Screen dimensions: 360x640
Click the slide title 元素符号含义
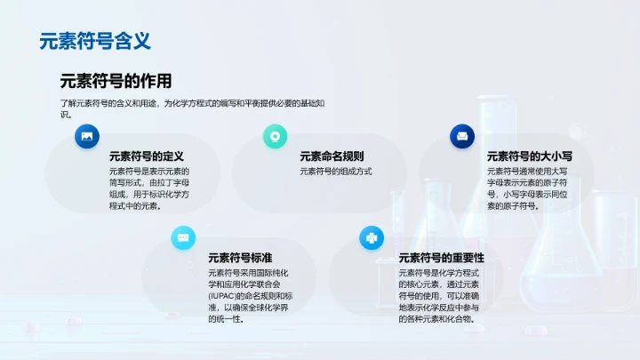96,41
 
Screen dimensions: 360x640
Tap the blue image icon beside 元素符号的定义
87,136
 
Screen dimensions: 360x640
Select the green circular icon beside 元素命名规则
275,136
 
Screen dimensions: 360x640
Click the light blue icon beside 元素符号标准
183,237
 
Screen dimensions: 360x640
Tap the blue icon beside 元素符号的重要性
371,237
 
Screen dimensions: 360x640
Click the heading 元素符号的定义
146,156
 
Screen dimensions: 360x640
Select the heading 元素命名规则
332,156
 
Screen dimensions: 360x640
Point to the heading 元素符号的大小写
527,156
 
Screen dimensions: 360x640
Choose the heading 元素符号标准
239,257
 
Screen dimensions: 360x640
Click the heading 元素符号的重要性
442,257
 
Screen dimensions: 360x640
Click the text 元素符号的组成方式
335,172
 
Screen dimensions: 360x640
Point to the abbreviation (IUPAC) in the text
224,296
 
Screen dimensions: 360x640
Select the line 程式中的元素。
135,206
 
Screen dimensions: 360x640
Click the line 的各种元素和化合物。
442,319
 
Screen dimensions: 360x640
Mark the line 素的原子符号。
511,206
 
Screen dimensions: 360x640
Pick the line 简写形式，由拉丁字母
149,183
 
